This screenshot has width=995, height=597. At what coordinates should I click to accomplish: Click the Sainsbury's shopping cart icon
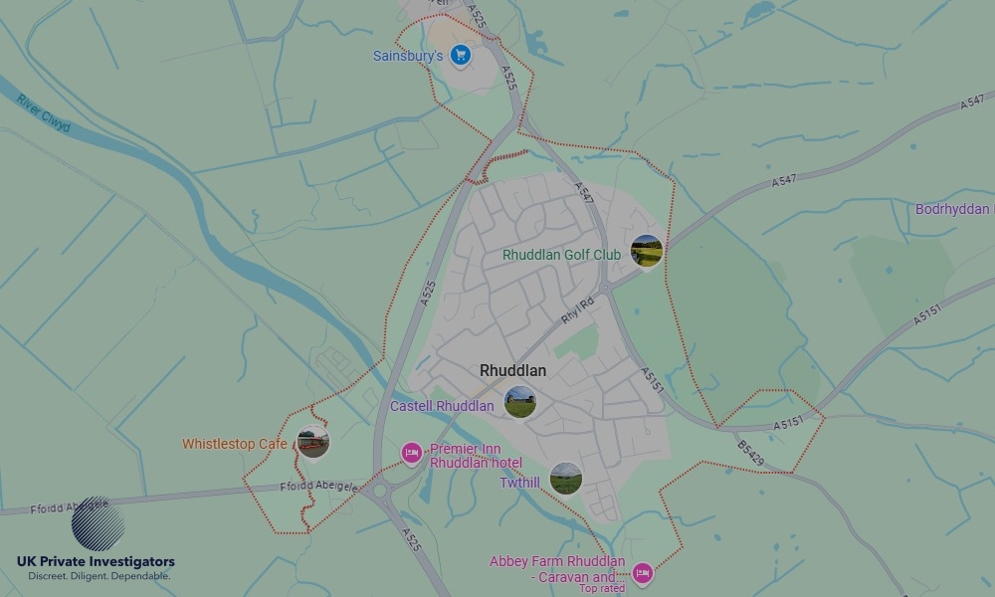pyautogui.click(x=460, y=55)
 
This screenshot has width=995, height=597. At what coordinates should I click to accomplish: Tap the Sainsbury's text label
pyautogui.click(x=407, y=57)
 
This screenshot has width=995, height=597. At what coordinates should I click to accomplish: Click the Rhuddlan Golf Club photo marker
pyautogui.click(x=646, y=250)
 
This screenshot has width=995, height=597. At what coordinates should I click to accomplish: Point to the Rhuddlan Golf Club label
pyautogui.click(x=561, y=255)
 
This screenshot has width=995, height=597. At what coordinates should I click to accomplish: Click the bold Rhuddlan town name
pyautogui.click(x=512, y=370)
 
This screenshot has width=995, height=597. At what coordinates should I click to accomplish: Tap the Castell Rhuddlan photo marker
pyautogui.click(x=519, y=401)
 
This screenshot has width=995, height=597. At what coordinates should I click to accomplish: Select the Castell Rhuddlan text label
pyautogui.click(x=442, y=406)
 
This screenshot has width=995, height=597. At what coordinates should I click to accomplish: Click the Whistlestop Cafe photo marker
pyautogui.click(x=312, y=442)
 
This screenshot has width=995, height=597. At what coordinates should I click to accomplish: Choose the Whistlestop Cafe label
pyautogui.click(x=234, y=444)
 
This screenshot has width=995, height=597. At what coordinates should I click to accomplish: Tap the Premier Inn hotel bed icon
pyautogui.click(x=411, y=454)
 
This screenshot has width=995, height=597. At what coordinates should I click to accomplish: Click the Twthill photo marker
pyautogui.click(x=565, y=478)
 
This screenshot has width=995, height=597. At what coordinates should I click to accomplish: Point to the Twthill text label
pyautogui.click(x=520, y=483)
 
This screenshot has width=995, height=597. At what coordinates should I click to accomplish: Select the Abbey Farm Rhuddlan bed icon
pyautogui.click(x=643, y=573)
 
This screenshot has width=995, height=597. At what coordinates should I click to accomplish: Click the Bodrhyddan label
pyautogui.click(x=953, y=209)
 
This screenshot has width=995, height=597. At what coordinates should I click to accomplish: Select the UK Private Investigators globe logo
pyautogui.click(x=98, y=523)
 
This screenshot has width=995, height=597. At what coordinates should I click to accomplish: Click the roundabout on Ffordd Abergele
pyautogui.click(x=377, y=490)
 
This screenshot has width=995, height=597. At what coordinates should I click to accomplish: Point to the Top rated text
pyautogui.click(x=602, y=588)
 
